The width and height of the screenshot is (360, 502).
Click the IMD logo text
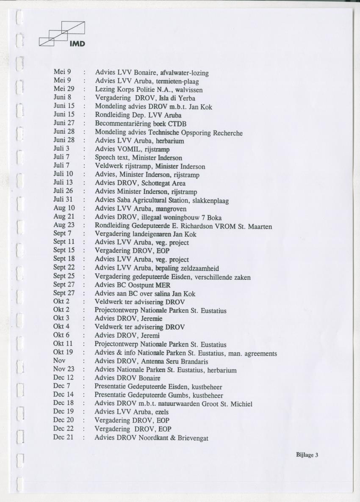tap(78, 43)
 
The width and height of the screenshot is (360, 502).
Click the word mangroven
tap(171, 209)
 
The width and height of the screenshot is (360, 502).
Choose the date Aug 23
tap(64, 225)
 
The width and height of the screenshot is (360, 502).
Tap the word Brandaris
tap(193, 362)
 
